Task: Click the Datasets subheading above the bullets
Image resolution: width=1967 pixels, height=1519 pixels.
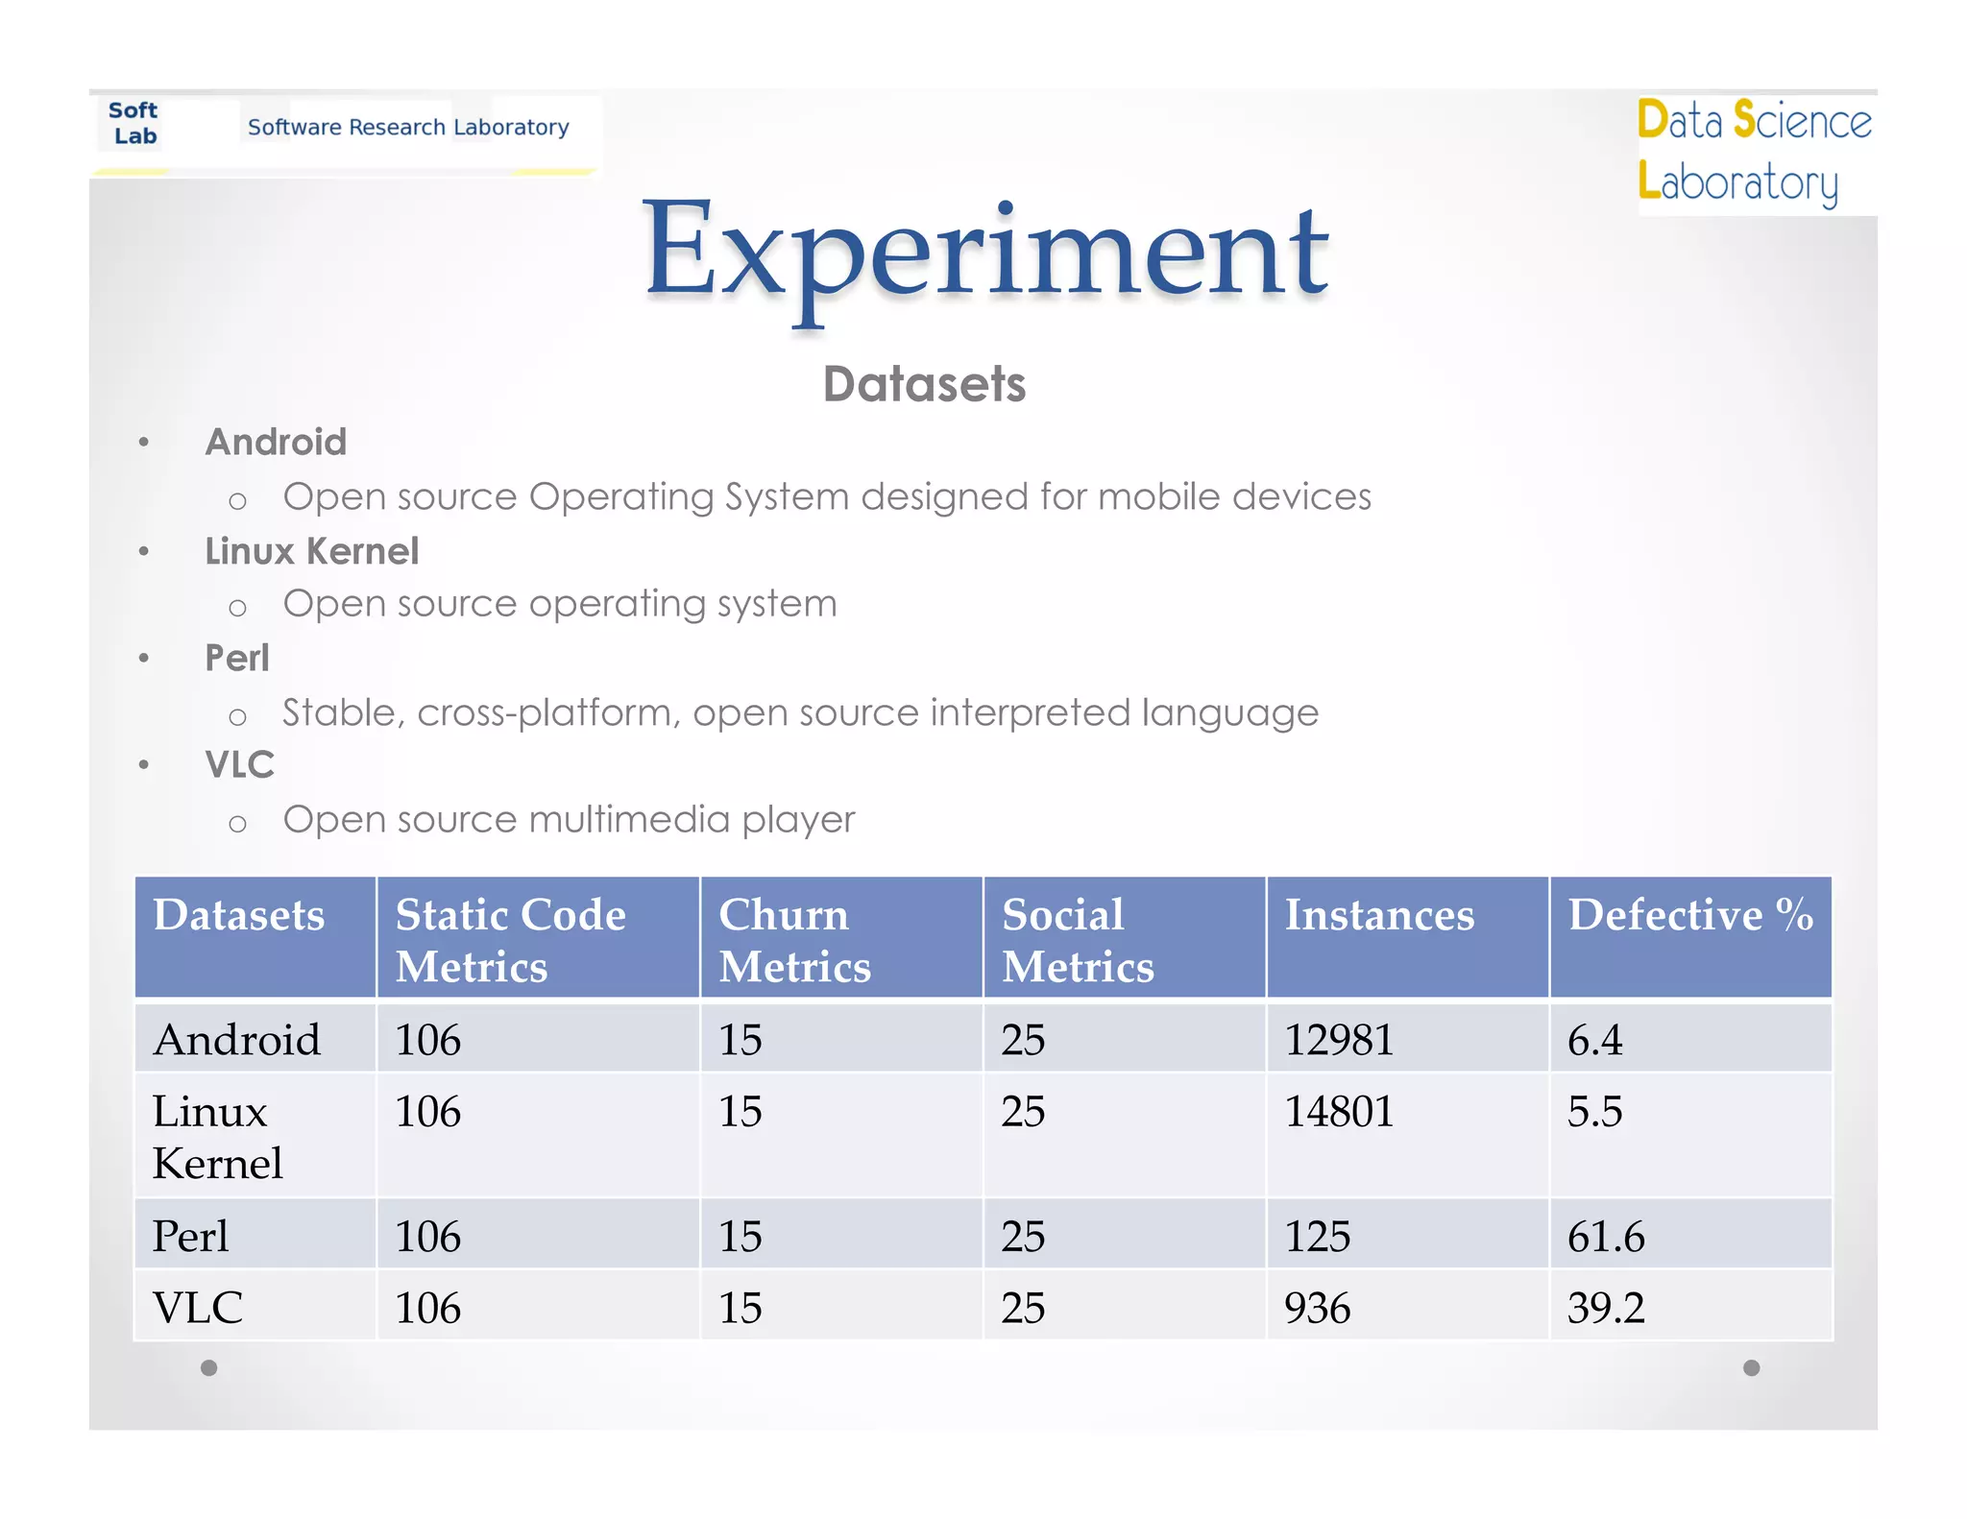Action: click(x=924, y=384)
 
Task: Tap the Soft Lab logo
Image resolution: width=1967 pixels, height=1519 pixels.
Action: click(x=134, y=124)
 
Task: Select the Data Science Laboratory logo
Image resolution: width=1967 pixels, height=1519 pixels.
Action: click(x=1754, y=152)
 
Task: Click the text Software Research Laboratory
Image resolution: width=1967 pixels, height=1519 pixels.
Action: click(x=408, y=127)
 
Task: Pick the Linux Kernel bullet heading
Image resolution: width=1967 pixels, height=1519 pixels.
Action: click(x=312, y=551)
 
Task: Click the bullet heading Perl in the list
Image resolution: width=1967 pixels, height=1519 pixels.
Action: click(x=237, y=658)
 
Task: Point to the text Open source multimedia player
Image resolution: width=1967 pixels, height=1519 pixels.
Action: click(x=569, y=819)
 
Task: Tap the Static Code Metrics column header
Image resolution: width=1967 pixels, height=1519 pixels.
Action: click(x=510, y=939)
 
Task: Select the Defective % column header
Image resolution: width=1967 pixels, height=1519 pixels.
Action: click(x=1689, y=915)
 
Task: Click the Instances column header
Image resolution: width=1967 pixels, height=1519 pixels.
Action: click(x=1379, y=915)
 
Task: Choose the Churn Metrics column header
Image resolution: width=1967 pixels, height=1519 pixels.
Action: click(x=794, y=939)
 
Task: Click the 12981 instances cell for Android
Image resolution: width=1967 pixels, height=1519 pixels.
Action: click(x=1339, y=1040)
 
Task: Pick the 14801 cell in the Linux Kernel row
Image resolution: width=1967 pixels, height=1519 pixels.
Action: click(x=1339, y=1112)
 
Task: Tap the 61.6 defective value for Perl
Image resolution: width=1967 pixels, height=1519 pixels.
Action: click(x=1606, y=1236)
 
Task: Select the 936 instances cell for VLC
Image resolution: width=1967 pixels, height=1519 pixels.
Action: click(x=1318, y=1308)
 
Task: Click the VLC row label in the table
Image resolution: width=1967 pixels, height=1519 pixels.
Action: click(x=198, y=1308)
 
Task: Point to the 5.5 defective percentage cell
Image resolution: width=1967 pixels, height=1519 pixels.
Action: click(x=1594, y=1112)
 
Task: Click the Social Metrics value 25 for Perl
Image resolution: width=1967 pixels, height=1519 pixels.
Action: click(x=1023, y=1236)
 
